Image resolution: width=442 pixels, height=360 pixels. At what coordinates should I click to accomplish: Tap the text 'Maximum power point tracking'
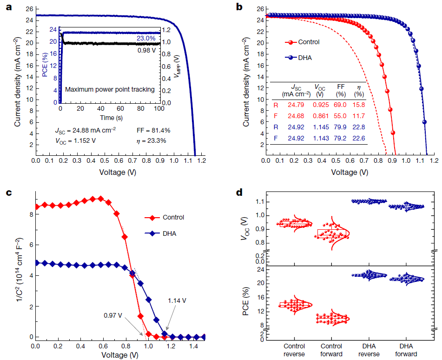(110, 89)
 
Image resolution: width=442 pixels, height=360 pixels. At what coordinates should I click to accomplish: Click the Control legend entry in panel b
(309, 42)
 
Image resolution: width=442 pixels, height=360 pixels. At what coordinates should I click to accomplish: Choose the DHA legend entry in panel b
(304, 58)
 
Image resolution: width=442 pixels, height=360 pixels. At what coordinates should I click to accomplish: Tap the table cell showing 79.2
(340, 138)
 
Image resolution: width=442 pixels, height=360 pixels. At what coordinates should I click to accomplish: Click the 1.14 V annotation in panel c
(177, 300)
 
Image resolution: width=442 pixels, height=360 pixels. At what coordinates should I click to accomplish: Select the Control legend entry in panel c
(173, 217)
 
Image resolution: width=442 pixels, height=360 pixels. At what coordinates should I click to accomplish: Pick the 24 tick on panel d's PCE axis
(261, 270)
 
